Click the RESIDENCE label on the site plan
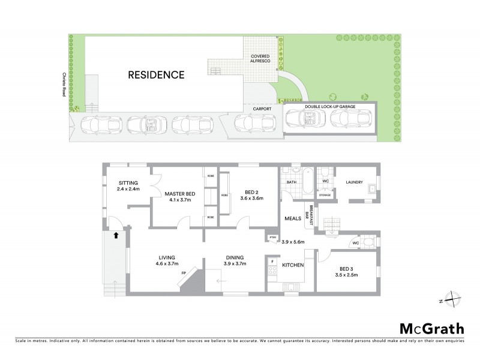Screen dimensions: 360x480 click(155, 75)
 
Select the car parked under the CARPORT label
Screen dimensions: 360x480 click(254, 122)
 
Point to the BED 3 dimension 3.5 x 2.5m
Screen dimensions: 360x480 click(346, 275)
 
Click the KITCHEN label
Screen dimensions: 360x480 click(293, 265)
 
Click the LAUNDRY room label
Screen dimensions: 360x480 click(353, 182)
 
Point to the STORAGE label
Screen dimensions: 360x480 click(325, 195)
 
